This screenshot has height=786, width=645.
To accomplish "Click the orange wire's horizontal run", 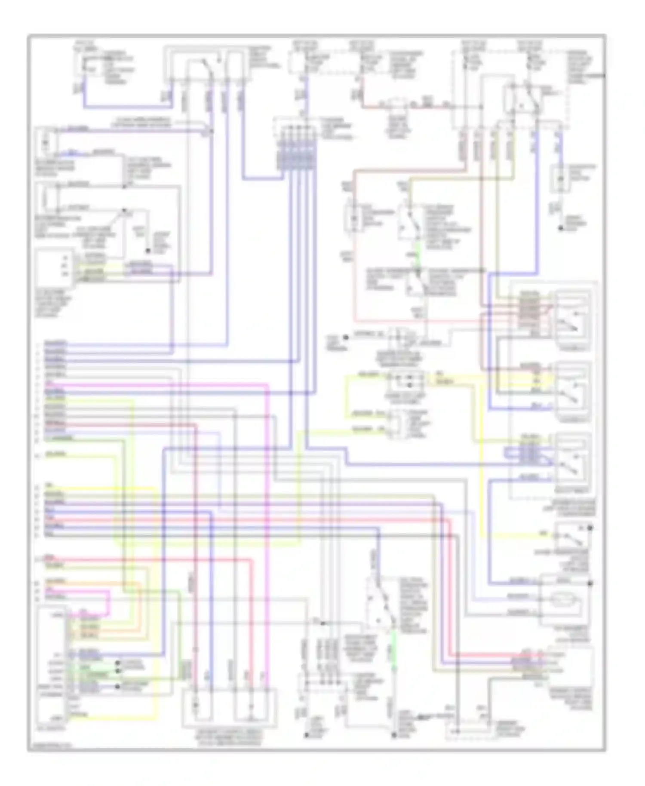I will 103,583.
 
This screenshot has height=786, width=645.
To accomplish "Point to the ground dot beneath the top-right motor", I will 561,228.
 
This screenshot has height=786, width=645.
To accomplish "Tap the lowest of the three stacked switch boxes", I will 572,462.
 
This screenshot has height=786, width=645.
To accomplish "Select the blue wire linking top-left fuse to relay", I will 129,106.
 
